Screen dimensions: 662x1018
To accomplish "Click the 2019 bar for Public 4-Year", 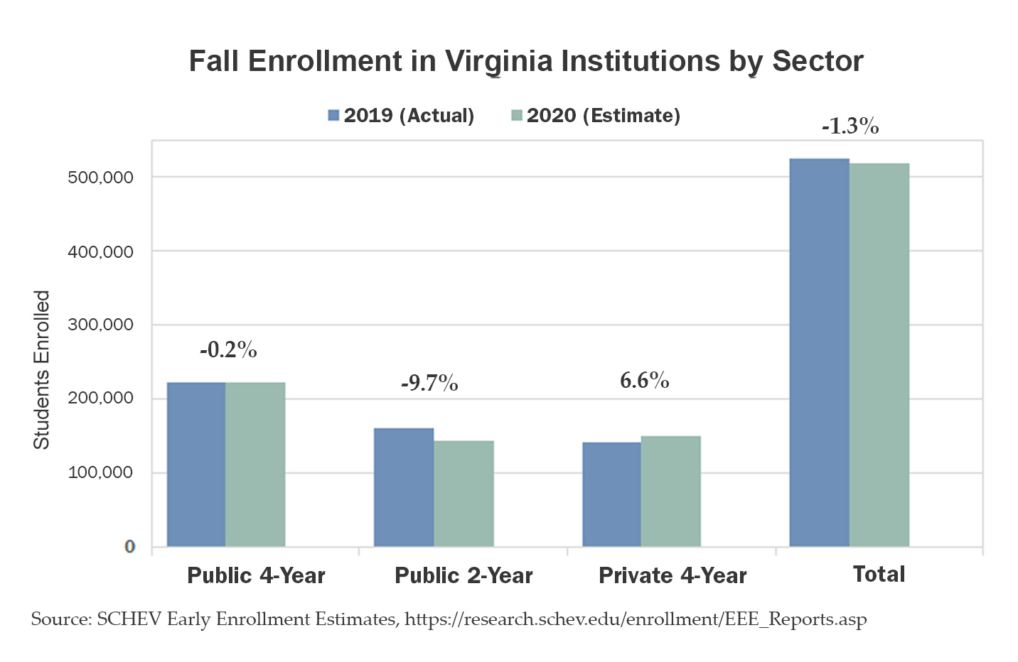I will point(196,465).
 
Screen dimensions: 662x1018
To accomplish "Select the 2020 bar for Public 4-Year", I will point(255,465).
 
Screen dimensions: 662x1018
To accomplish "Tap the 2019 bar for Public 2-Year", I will point(404,487).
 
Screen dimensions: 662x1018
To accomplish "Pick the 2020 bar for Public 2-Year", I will point(464,494).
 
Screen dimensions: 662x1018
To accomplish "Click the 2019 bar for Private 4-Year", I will point(611,494).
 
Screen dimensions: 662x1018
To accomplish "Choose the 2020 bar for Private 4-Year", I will point(670,492).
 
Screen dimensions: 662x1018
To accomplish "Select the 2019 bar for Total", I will point(819,352).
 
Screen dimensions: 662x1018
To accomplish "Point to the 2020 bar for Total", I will point(879,355).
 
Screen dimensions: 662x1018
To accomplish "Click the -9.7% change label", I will point(429,384).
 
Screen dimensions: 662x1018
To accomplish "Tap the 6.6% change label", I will point(644,381).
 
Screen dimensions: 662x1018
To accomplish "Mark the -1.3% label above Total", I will point(850,126).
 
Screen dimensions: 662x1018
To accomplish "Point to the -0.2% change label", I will point(228,349).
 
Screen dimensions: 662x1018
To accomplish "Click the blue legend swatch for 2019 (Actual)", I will point(334,115).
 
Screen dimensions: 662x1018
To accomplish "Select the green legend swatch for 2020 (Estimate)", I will point(517,115).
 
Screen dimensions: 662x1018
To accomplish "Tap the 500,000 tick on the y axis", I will point(100,178).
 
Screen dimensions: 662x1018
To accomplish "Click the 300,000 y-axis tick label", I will point(100,325).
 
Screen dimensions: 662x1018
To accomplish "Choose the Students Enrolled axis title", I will point(42,369).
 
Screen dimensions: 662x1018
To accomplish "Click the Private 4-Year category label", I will point(673,575).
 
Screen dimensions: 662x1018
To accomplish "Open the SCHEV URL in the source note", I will point(636,619).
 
